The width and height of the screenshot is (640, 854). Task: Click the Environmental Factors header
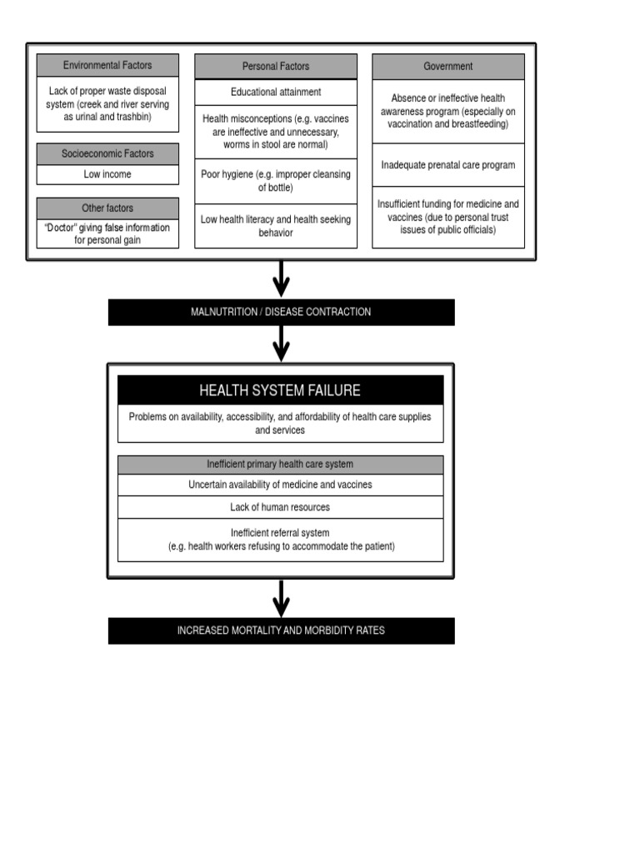(x=107, y=65)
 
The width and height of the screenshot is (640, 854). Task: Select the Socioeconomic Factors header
(x=107, y=153)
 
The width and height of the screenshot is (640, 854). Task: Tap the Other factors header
(x=107, y=208)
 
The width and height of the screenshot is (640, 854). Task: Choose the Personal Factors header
(x=276, y=66)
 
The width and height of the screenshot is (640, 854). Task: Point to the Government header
(x=448, y=66)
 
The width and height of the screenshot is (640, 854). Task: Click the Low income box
(x=107, y=174)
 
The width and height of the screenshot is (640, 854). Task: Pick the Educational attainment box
(x=276, y=92)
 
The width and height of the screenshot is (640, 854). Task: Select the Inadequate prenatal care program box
(x=448, y=165)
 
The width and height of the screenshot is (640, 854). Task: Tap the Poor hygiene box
(x=276, y=181)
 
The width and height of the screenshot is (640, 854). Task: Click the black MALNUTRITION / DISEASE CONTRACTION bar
(x=281, y=312)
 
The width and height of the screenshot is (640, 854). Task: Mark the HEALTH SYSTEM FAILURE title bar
(x=280, y=390)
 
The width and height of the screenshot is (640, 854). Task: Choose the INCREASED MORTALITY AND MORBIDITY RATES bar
(x=281, y=630)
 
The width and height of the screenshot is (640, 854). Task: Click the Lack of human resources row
(x=280, y=507)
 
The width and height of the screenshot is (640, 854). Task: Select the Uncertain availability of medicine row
(x=280, y=485)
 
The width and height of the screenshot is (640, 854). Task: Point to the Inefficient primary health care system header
(x=280, y=465)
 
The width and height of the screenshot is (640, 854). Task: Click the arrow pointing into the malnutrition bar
(x=282, y=279)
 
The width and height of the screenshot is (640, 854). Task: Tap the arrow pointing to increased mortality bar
(x=282, y=598)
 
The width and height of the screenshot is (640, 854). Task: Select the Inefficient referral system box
(x=280, y=540)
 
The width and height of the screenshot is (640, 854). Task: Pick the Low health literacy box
(x=276, y=226)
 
